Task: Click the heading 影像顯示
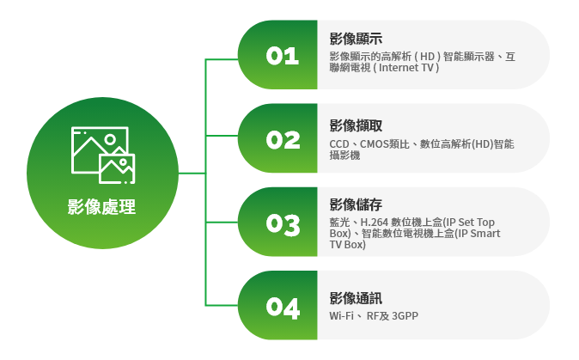coord(356,39)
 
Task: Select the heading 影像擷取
coord(356,125)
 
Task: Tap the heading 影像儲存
coord(356,204)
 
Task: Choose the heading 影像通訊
coord(356,298)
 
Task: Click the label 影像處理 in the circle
coord(101,206)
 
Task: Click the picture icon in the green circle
coord(103,155)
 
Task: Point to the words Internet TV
coord(405,68)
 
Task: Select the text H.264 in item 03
coord(374,222)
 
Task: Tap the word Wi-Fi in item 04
coord(341,315)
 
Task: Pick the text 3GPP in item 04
coord(405,316)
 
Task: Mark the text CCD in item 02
coord(339,143)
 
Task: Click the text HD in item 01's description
coord(427,57)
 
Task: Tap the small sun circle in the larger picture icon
coord(110,139)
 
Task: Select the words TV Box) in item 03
coord(347,244)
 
